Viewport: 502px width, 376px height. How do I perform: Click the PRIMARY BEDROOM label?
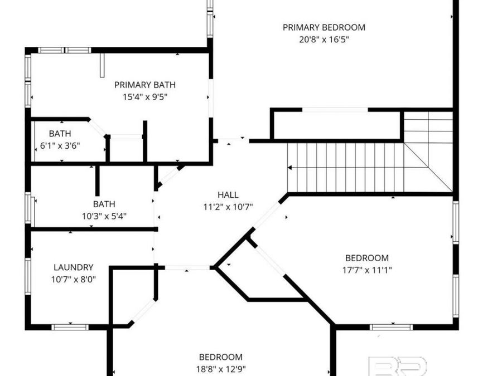[324, 27]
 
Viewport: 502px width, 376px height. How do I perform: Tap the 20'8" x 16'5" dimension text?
[324, 40]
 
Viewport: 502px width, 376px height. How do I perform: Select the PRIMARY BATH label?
[145, 85]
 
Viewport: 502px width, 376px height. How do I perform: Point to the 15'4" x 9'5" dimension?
[145, 97]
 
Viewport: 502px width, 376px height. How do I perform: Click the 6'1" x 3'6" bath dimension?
[60, 146]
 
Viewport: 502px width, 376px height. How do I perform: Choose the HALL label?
[228, 195]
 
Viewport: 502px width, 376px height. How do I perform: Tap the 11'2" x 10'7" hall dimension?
[228, 207]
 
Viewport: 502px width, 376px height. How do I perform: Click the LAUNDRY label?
[73, 267]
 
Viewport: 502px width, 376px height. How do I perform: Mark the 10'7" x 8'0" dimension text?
[73, 280]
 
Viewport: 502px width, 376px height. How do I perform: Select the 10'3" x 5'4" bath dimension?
[104, 217]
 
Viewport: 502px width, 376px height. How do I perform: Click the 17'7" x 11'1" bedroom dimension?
[367, 270]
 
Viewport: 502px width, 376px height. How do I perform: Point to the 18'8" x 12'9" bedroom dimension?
[221, 369]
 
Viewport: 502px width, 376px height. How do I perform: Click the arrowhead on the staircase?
[289, 168]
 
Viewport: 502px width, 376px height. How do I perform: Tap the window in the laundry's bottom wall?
[70, 327]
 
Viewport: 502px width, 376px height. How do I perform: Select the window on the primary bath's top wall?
[65, 50]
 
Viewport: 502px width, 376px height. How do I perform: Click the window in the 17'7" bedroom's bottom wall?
[391, 327]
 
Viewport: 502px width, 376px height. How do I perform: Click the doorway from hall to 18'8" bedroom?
[187, 267]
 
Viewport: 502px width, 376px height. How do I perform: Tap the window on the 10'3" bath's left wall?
[28, 208]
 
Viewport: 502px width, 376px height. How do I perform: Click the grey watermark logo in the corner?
[399, 366]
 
